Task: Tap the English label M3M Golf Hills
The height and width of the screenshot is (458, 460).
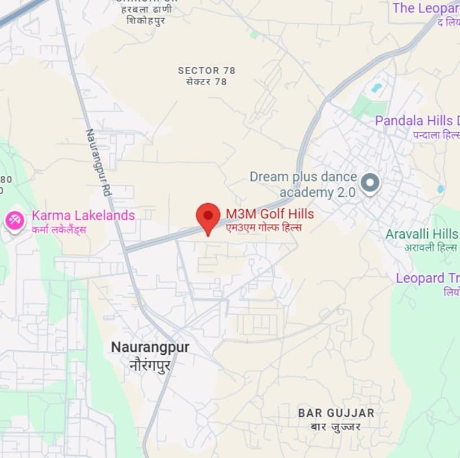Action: click(x=270, y=214)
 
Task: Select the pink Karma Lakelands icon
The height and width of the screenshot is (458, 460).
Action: click(x=14, y=219)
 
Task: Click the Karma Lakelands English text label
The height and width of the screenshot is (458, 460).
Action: click(x=83, y=215)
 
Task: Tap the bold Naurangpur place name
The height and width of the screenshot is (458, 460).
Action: click(x=150, y=347)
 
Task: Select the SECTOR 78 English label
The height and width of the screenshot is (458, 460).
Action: click(x=207, y=71)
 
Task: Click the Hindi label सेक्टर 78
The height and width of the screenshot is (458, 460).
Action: click(x=207, y=82)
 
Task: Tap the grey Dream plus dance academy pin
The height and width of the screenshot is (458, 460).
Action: click(x=370, y=182)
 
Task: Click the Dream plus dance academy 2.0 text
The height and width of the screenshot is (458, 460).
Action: click(x=304, y=184)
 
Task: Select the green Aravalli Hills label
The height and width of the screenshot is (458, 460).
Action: click(x=422, y=234)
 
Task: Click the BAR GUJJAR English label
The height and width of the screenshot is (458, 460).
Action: click(x=336, y=413)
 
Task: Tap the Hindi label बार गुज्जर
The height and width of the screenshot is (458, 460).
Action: click(x=336, y=426)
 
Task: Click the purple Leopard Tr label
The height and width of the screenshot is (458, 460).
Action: click(x=427, y=278)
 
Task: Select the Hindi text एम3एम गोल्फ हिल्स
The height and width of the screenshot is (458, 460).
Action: click(x=264, y=227)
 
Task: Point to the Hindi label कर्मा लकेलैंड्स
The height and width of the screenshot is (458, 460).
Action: click(x=59, y=230)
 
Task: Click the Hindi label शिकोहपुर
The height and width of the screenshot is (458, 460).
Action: click(x=146, y=21)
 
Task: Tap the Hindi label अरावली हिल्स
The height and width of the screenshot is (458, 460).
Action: click(x=430, y=248)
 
